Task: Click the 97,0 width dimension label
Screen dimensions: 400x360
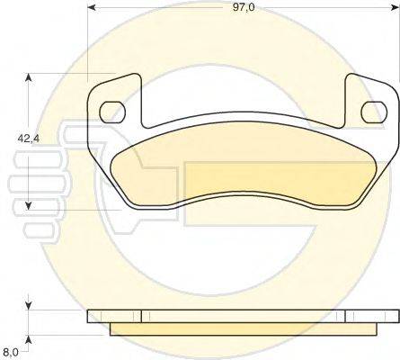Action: [x=244, y=7]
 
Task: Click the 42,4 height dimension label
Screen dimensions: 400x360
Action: [x=29, y=139]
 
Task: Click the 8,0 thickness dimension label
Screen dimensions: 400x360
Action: [x=12, y=351]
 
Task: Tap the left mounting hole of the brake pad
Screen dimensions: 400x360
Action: [x=111, y=112]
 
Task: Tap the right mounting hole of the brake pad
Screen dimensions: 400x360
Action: [x=374, y=112]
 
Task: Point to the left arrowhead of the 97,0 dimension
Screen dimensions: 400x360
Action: [x=91, y=7]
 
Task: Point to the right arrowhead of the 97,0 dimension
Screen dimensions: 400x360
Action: [x=396, y=7]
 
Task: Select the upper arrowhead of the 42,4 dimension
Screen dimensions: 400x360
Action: [x=28, y=77]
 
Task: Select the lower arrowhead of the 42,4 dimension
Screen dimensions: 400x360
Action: [x=28, y=205]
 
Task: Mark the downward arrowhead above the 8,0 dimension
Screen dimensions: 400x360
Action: [x=28, y=305]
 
